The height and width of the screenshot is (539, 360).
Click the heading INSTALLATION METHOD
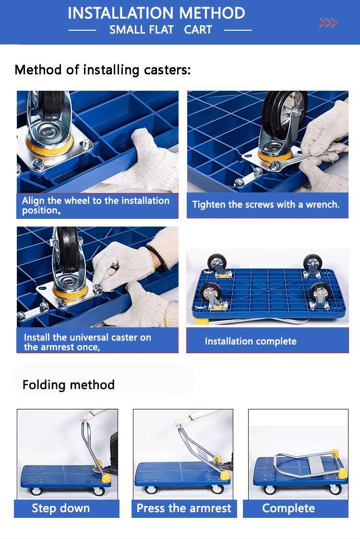[156, 13]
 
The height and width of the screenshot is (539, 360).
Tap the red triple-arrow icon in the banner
[328, 23]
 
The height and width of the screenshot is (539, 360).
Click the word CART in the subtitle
[198, 30]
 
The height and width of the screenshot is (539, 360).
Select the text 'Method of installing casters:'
[103, 70]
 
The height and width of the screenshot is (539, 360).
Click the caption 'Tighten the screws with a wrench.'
[266, 204]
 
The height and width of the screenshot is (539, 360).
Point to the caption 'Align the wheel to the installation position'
[96, 205]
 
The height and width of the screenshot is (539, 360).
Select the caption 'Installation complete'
[251, 341]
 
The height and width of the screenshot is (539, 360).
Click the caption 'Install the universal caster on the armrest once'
[87, 342]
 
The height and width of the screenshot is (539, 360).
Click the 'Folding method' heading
[69, 385]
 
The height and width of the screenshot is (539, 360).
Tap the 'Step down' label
[61, 508]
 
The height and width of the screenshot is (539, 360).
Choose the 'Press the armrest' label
[184, 508]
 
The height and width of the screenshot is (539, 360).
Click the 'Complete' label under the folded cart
[288, 508]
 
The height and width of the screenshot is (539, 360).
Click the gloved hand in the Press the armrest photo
[185, 420]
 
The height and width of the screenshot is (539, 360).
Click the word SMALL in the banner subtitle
[141, 30]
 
